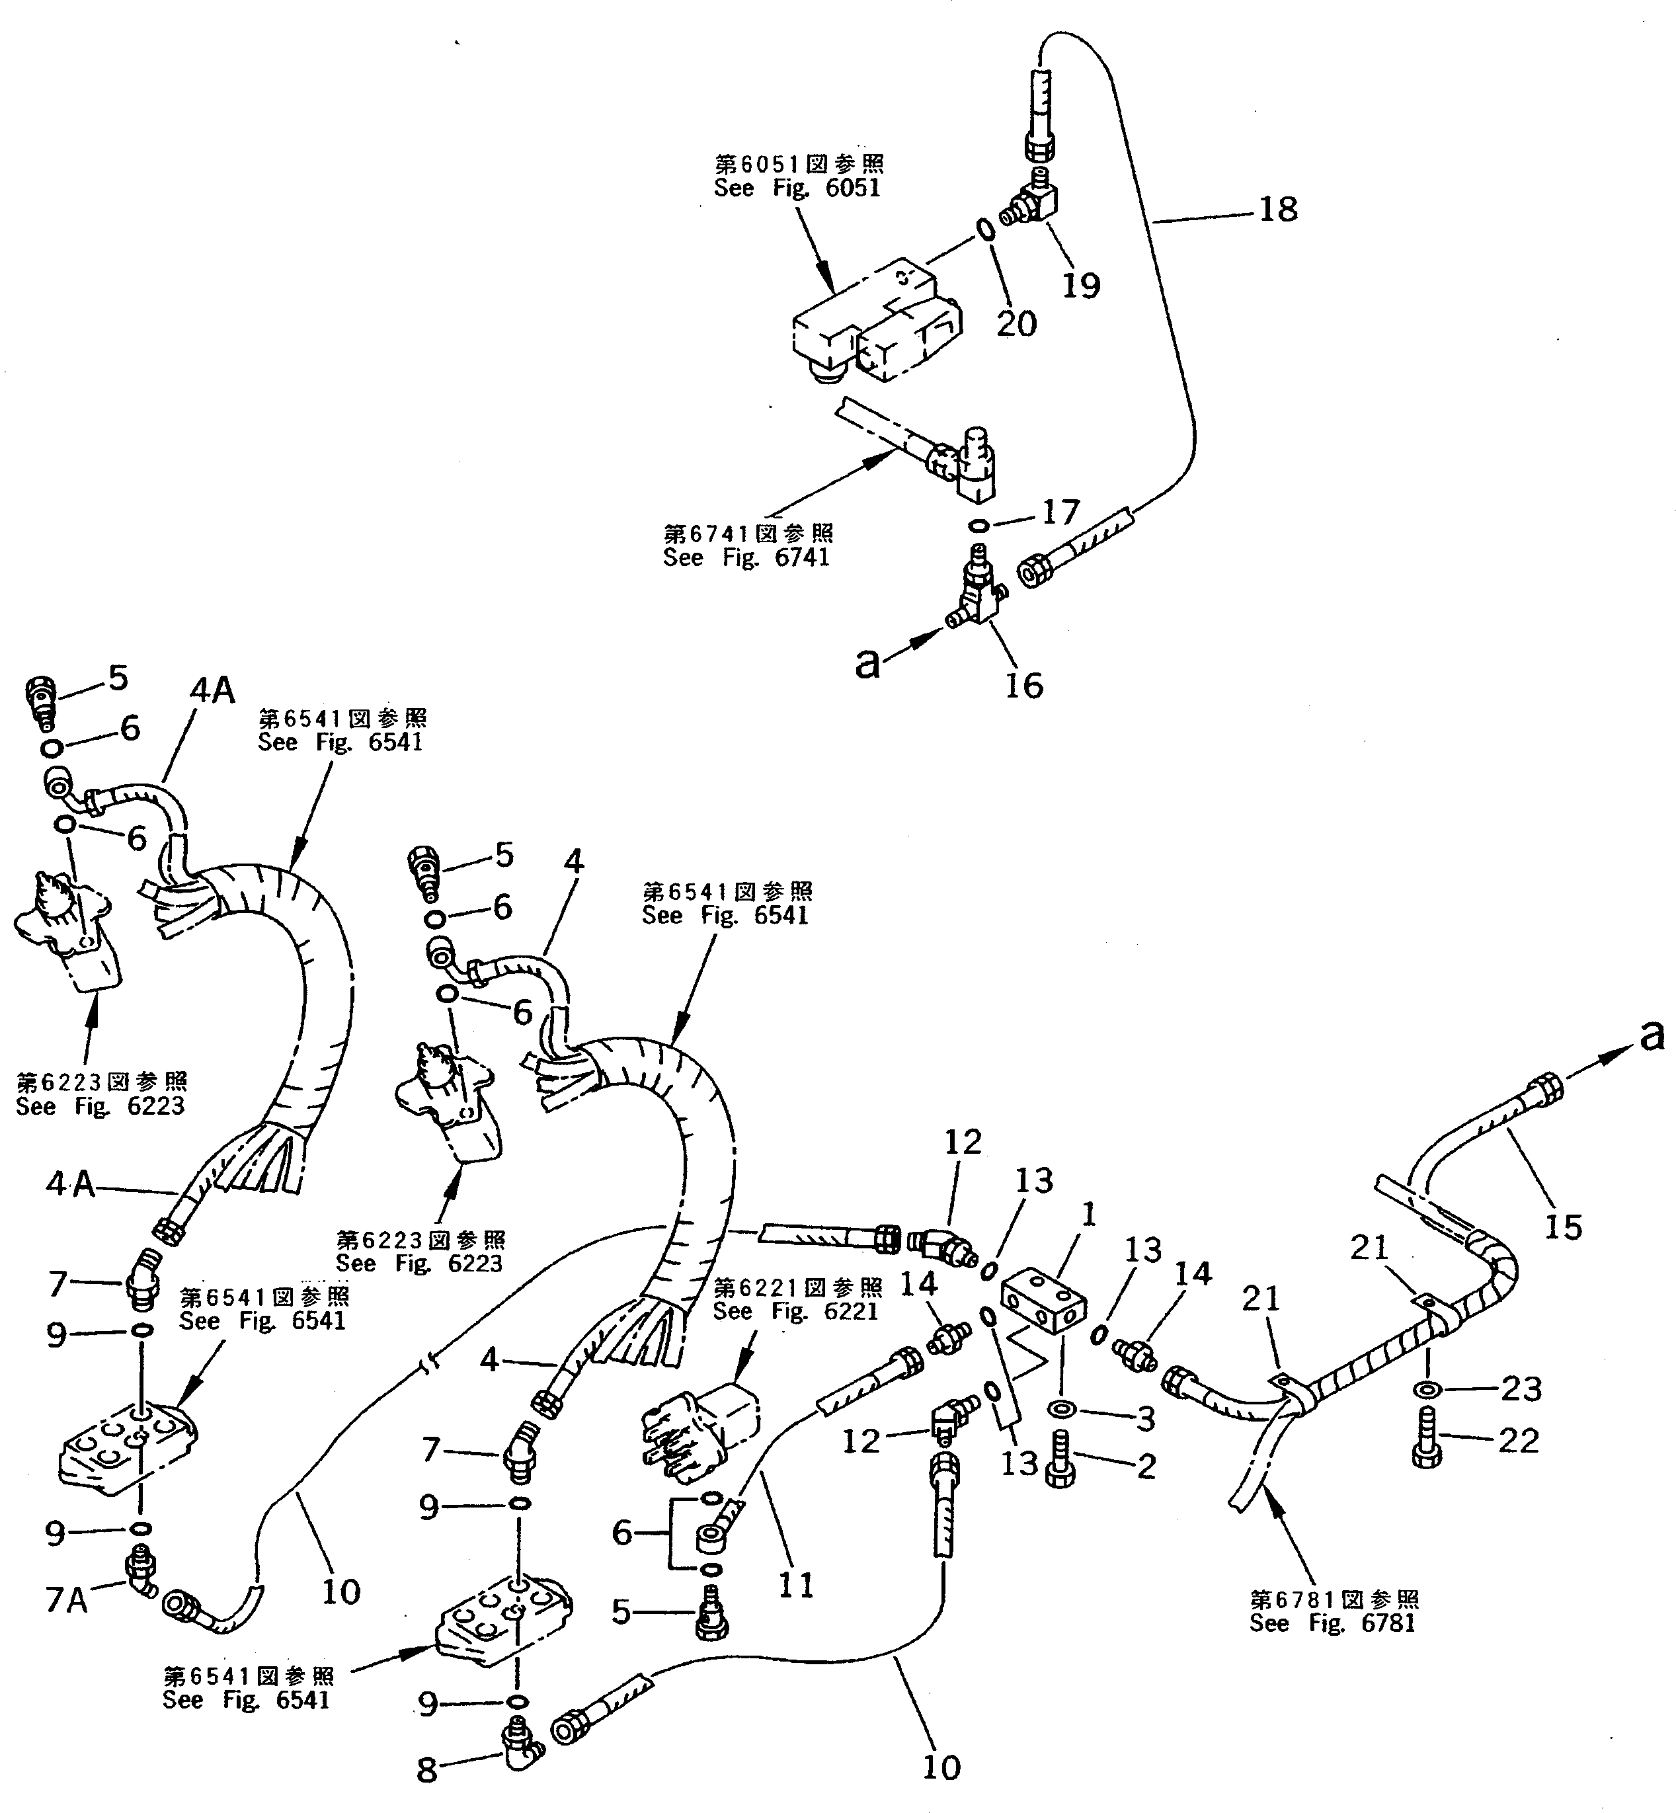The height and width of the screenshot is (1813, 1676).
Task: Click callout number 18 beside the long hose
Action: point(1278,210)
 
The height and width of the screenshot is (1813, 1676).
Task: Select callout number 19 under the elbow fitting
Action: point(1080,285)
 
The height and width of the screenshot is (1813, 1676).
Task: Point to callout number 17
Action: point(1060,512)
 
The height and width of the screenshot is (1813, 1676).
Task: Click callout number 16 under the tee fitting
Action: point(1024,685)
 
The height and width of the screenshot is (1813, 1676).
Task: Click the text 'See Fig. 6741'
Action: point(746,558)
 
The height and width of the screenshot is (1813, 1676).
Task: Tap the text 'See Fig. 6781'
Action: point(1332,1623)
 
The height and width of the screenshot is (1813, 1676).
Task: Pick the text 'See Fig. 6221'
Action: point(795,1310)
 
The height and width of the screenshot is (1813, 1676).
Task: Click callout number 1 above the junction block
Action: point(1089,1215)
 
